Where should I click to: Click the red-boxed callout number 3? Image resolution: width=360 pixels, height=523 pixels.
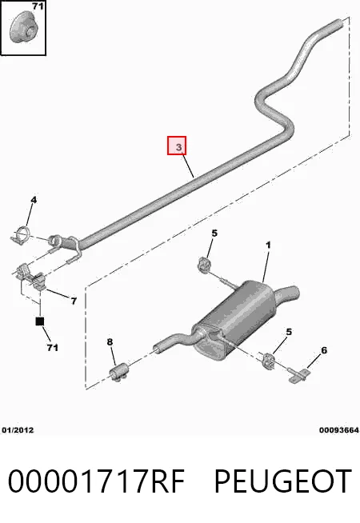(177, 146)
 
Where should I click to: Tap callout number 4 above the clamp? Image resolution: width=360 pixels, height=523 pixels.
(34, 200)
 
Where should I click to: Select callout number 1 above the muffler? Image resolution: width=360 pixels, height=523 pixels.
(268, 246)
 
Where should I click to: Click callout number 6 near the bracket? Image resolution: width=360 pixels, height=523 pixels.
(324, 350)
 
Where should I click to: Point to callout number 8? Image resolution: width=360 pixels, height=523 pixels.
(110, 342)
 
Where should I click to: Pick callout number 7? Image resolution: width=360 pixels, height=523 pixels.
(74, 301)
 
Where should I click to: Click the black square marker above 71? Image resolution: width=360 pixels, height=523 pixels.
(40, 321)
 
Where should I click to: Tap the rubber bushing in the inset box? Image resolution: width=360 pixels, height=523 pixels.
(23, 29)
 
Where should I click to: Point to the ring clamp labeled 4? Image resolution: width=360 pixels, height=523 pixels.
(20, 234)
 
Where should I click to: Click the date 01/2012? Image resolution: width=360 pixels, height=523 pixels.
(18, 430)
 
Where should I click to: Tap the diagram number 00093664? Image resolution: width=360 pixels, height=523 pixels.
(338, 430)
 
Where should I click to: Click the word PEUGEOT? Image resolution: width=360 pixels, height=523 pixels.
(283, 481)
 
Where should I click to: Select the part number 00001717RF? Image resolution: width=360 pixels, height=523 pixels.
(96, 481)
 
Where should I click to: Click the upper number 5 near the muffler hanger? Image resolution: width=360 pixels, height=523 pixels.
(214, 234)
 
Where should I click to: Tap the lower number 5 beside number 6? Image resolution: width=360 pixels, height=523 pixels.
(289, 332)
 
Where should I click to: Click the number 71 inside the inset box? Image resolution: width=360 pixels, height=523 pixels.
(38, 6)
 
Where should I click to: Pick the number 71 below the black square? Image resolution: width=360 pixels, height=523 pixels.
(52, 348)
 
